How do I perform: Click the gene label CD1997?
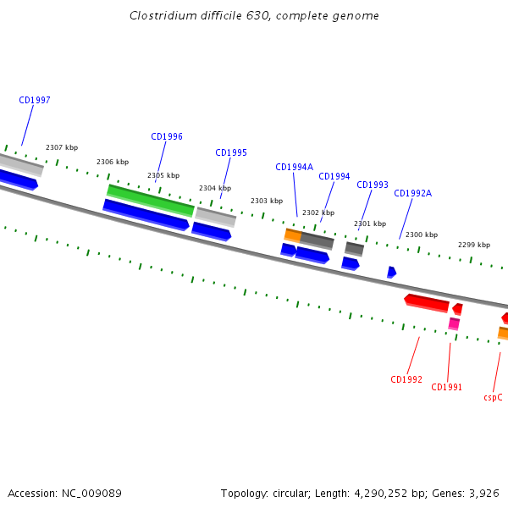[35, 100]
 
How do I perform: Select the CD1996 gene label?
[167, 136]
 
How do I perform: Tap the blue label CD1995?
[231, 152]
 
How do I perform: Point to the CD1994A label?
[294, 167]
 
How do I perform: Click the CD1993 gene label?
[373, 185]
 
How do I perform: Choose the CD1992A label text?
[413, 193]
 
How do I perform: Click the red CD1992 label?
[406, 379]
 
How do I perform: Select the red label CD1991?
[446, 387]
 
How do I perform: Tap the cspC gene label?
[493, 397]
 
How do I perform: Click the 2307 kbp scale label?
[62, 147]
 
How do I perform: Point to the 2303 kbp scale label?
[267, 201]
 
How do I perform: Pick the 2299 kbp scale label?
[474, 245]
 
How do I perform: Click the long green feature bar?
[151, 201]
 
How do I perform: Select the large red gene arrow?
[427, 303]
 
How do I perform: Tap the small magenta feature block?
[454, 323]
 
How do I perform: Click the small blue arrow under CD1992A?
[391, 272]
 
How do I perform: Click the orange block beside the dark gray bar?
[293, 235]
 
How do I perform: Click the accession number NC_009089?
[91, 494]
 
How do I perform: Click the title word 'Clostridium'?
[163, 15]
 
